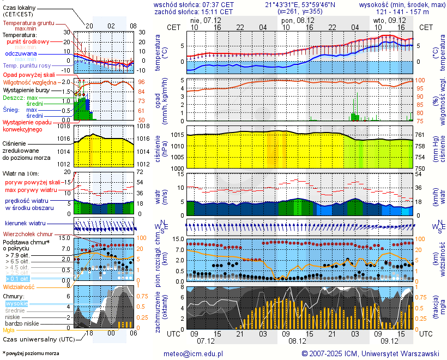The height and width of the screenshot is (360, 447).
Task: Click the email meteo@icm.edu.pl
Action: click(x=194, y=353)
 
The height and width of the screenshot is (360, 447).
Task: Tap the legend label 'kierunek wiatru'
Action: click(x=25, y=224)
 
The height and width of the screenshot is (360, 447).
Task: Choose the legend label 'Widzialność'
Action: click(x=19, y=286)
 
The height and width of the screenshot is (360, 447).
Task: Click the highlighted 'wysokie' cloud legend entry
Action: click(x=16, y=303)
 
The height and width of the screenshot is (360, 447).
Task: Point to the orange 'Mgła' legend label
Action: click(x=9, y=330)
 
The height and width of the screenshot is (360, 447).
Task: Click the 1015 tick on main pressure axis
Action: click(x=177, y=135)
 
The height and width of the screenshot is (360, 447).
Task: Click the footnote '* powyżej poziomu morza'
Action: click(x=31, y=353)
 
